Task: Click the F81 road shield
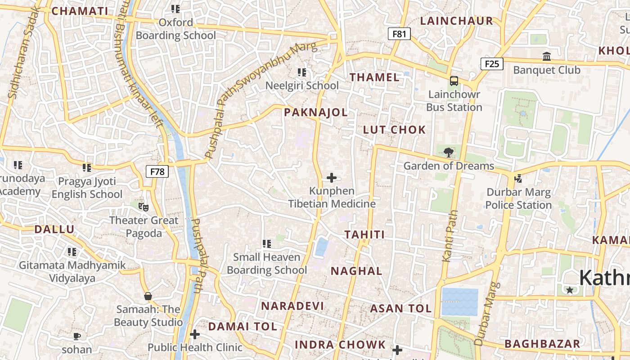pyautogui.click(x=399, y=34)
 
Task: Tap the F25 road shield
pyautogui.click(x=491, y=64)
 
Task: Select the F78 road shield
pyautogui.click(x=157, y=171)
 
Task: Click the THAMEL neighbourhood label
pyautogui.click(x=375, y=77)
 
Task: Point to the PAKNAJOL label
pyautogui.click(x=316, y=112)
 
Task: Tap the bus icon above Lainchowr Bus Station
pyautogui.click(x=454, y=81)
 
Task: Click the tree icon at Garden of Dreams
pyautogui.click(x=448, y=152)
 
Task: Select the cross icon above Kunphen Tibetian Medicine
pyautogui.click(x=332, y=178)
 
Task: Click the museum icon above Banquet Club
pyautogui.click(x=547, y=57)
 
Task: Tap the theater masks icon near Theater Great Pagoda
pyautogui.click(x=144, y=207)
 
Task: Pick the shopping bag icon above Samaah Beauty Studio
pyautogui.click(x=148, y=296)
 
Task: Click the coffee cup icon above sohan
pyautogui.click(x=77, y=336)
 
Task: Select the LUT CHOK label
pyautogui.click(x=394, y=130)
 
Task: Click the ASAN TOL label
pyautogui.click(x=400, y=309)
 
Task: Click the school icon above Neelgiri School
pyautogui.click(x=302, y=72)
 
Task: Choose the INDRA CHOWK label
pyautogui.click(x=340, y=345)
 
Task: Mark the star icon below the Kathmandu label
pyautogui.click(x=570, y=290)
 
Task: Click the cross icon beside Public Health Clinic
pyautogui.click(x=195, y=334)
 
